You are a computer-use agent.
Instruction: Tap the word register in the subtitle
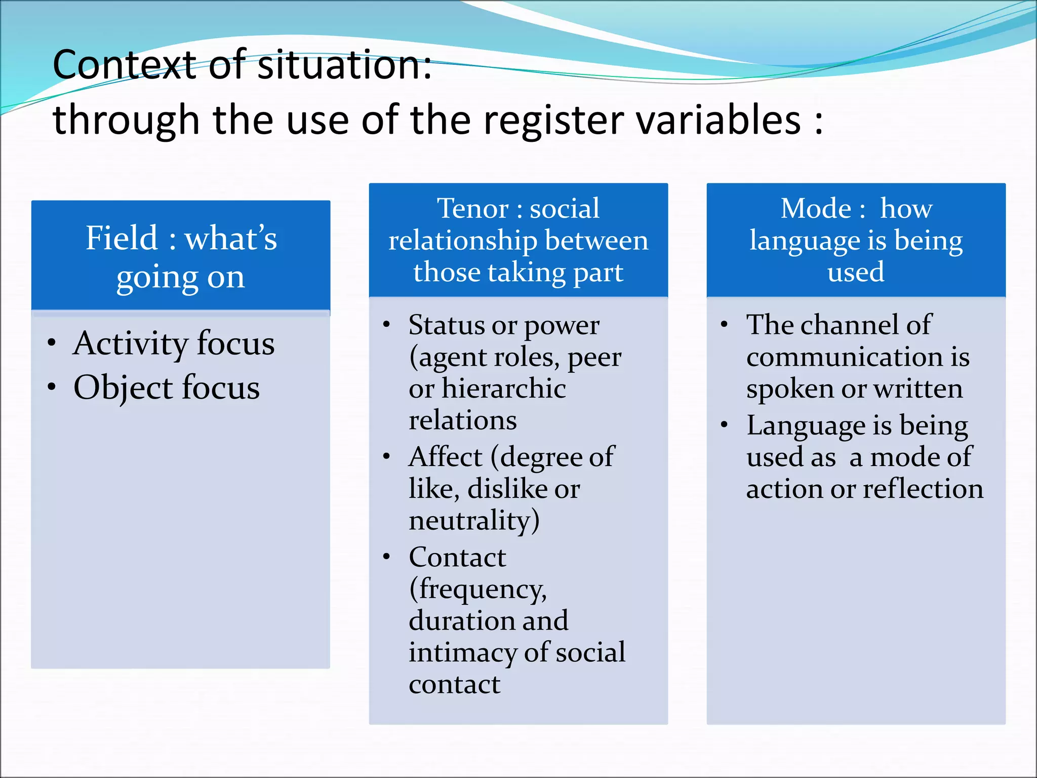click(x=554, y=120)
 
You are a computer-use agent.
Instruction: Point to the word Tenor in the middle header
click(x=473, y=208)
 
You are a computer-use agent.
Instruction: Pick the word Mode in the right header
click(x=816, y=208)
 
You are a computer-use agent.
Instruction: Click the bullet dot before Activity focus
click(x=52, y=343)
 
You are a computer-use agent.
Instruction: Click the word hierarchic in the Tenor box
click(x=504, y=388)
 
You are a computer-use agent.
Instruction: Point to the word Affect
click(x=445, y=457)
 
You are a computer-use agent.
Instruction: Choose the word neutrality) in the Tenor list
click(x=474, y=520)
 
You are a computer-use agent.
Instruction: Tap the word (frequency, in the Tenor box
click(x=478, y=589)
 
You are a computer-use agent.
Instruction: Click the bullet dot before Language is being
click(x=725, y=425)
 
